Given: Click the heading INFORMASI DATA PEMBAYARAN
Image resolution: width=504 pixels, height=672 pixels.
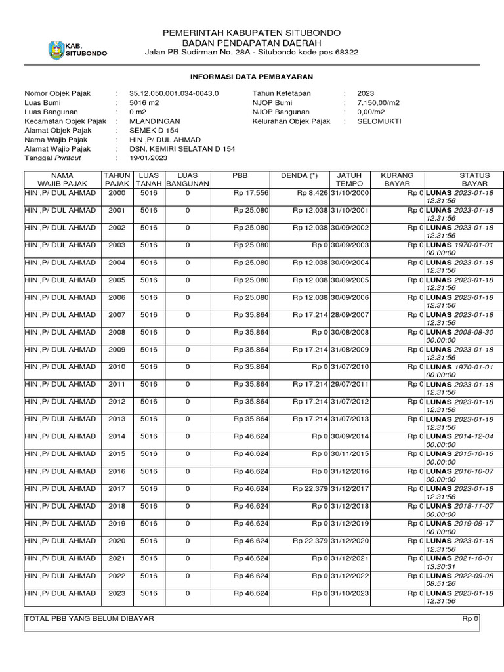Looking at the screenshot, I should pos(251,77).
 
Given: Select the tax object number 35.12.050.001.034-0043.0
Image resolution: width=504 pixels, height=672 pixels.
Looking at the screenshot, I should pos(174,94).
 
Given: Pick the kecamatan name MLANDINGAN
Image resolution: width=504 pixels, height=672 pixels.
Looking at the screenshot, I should pos(155,121).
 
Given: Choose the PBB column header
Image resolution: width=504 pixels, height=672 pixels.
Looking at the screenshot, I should pos(240,176).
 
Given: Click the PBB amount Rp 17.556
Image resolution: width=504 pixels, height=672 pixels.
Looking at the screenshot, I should pos(251,193).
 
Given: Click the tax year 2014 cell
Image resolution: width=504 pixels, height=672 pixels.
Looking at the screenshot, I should pos(117,436).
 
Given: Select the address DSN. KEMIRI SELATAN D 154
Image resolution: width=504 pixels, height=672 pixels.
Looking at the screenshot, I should pos(182,149).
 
